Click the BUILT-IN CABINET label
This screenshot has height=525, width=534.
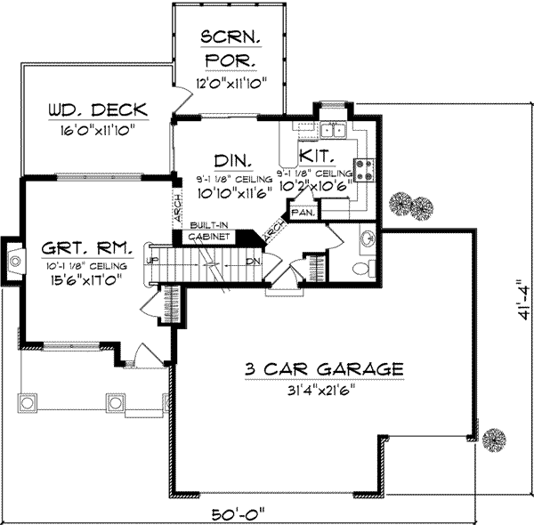pyautogui.click(x=210, y=233)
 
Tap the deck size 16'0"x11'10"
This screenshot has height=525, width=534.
pyautogui.click(x=98, y=131)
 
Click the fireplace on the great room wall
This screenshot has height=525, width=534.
pyautogui.click(x=12, y=261)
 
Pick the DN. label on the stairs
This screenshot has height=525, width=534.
pyautogui.click(x=253, y=262)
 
